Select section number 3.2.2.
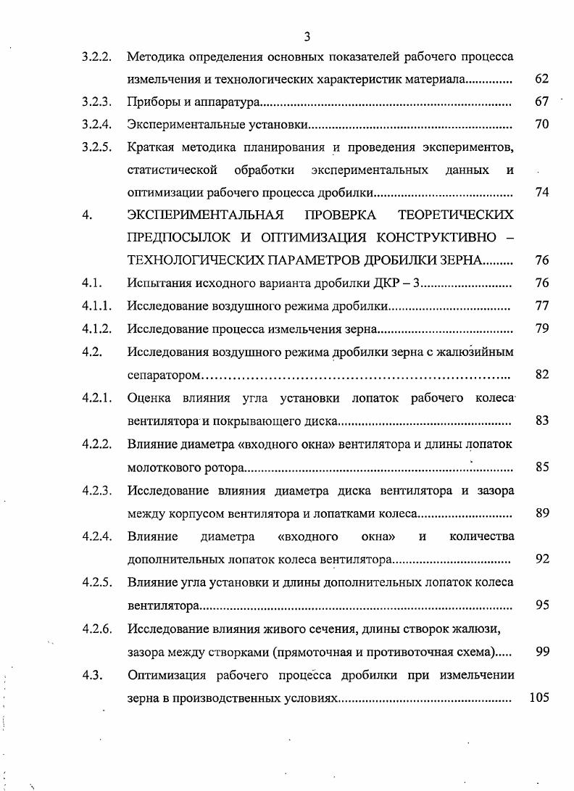click(96, 56)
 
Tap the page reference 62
click(541, 79)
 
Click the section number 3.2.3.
click(96, 102)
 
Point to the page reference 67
click(541, 102)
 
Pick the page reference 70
click(541, 125)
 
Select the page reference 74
click(541, 193)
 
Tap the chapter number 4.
click(87, 215)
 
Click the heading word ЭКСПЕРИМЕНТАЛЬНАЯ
click(205, 215)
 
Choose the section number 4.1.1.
click(96, 306)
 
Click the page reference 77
click(541, 306)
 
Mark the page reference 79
click(541, 328)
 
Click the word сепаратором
click(164, 376)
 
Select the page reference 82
click(541, 375)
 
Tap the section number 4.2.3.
click(96, 491)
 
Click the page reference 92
click(541, 559)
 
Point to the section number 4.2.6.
click(96, 628)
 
